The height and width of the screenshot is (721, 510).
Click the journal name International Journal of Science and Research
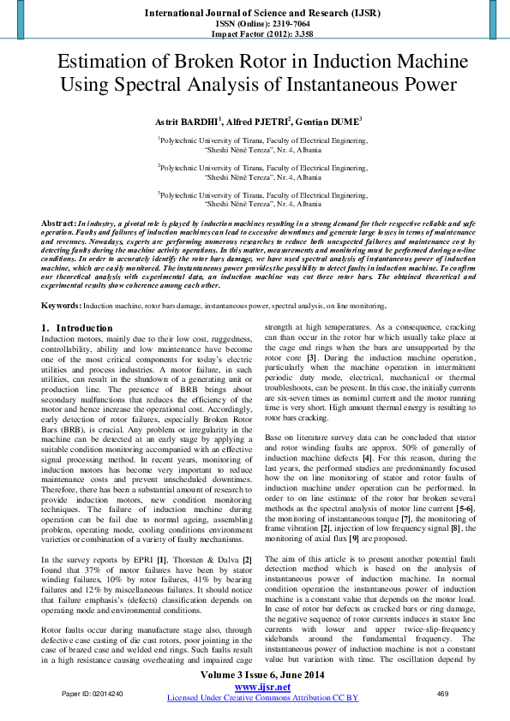point(254,14)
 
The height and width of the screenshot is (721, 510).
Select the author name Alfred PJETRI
point(260,122)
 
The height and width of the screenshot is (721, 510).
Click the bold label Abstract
point(59,222)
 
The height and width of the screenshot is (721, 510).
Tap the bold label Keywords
point(61,305)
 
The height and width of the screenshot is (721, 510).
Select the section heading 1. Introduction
point(77,328)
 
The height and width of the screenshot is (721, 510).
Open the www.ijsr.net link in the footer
point(260,687)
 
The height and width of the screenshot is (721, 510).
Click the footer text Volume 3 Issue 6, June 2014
point(260,676)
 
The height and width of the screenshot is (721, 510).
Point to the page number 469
point(443,693)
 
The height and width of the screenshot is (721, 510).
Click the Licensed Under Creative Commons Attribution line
point(262,698)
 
